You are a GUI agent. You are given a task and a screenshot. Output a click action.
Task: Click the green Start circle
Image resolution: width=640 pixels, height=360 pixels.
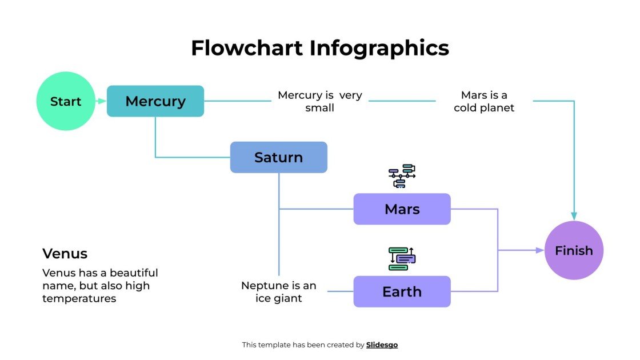66,101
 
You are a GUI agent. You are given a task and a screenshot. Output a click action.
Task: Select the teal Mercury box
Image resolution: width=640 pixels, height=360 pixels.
155,101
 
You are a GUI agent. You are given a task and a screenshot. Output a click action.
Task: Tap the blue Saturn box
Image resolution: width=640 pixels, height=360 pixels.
278,157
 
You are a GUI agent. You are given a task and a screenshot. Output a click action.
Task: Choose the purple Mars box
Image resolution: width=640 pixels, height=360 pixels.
402,209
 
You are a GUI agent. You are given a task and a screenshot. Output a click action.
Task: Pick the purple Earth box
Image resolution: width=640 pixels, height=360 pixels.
402,291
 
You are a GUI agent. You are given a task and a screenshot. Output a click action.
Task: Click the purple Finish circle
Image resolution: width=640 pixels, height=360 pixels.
574,250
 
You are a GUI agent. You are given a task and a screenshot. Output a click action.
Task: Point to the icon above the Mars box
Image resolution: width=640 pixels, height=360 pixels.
402,176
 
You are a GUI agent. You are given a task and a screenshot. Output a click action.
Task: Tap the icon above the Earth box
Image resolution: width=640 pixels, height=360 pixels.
402,258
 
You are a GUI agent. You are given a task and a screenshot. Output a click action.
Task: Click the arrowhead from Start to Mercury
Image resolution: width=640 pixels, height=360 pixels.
102,101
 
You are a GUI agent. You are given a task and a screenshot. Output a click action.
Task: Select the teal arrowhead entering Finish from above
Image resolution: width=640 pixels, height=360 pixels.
574,216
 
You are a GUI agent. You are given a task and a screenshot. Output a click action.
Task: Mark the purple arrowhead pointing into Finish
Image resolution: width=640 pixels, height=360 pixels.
539,250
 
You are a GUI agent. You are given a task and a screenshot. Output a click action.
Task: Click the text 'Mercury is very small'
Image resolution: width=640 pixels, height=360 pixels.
319,101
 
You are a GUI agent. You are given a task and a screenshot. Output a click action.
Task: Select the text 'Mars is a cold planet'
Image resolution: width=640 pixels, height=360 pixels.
484,101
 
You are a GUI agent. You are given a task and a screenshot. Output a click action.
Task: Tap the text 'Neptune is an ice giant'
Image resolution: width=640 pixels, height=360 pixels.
278,291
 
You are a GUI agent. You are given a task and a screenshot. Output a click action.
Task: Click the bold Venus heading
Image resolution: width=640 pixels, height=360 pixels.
65,253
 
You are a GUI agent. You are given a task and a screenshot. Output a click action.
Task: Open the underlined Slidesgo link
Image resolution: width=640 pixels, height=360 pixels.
382,345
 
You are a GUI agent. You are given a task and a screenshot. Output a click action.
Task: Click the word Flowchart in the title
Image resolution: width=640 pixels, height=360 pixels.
247,48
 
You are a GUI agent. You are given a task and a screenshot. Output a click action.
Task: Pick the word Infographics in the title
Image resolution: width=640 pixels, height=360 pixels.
379,48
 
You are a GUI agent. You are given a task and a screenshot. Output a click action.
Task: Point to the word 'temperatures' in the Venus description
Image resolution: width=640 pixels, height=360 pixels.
79,298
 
